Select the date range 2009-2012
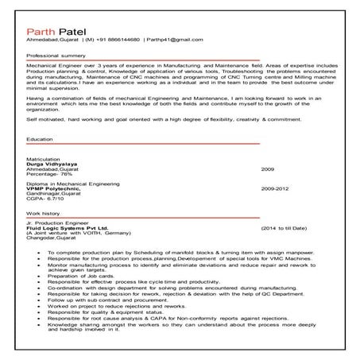[x=274, y=212]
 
